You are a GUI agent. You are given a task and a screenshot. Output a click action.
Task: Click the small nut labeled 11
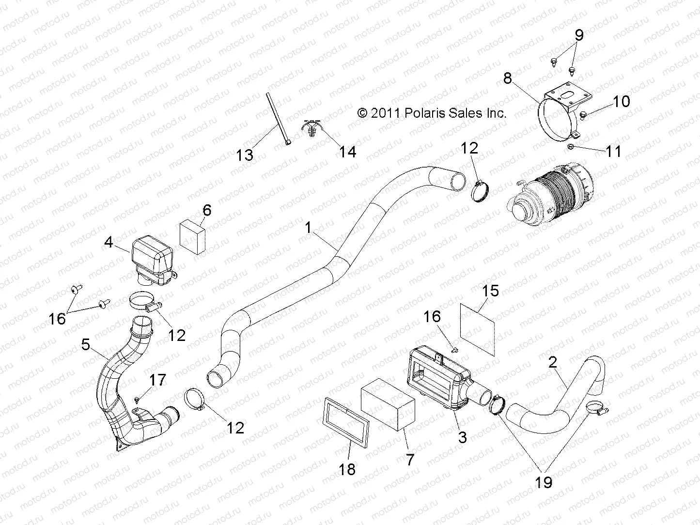(572, 147)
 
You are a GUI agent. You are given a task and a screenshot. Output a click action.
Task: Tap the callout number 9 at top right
(579, 35)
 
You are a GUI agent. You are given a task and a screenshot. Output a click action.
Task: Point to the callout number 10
(622, 101)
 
